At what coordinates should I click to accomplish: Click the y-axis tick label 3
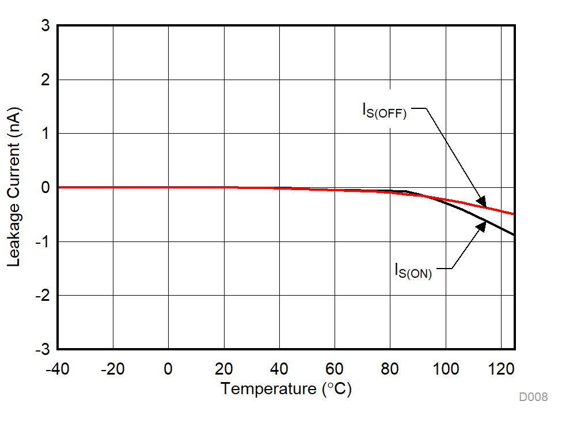(45, 27)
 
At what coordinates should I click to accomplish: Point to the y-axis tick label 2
(45, 80)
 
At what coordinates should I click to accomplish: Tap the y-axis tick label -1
(42, 242)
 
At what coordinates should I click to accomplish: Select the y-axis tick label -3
(42, 349)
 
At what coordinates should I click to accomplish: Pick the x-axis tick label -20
(112, 368)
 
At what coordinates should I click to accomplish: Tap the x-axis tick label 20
(224, 368)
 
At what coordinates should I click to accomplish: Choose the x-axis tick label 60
(335, 368)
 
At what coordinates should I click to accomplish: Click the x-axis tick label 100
(446, 368)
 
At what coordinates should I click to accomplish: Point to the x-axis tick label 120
(501, 368)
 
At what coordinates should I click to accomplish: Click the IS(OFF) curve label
(384, 110)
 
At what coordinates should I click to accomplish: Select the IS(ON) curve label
(413, 270)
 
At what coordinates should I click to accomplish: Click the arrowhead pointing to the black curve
(481, 225)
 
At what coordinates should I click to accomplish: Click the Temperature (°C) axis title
(286, 389)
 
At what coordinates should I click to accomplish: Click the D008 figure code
(533, 397)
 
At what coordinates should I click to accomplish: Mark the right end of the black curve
(513, 235)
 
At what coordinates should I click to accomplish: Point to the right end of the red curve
(513, 214)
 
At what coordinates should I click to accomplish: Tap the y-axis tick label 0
(45, 188)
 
